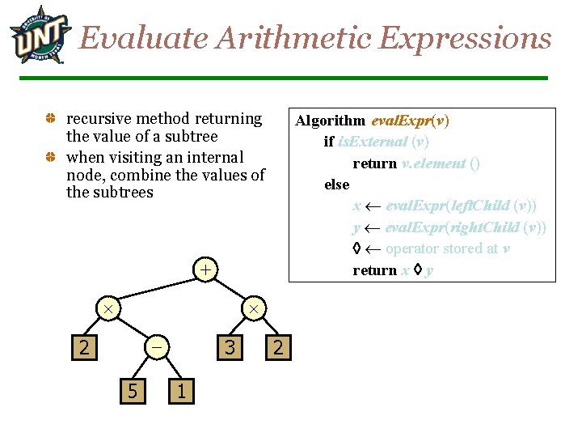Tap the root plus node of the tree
207,269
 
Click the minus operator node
157,347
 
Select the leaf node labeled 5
131,392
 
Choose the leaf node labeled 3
230,348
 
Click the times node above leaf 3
253,309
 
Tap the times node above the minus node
107,309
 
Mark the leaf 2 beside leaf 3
277,348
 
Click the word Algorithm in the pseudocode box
330,121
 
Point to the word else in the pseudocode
336,185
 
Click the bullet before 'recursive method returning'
50,119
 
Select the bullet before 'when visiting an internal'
50,157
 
